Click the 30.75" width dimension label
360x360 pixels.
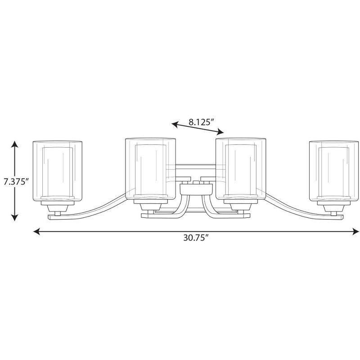(x=196, y=238)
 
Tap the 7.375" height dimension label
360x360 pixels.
(x=16, y=182)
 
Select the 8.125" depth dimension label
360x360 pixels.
(x=201, y=122)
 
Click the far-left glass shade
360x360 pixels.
(x=58, y=171)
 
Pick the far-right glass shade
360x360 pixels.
(x=334, y=171)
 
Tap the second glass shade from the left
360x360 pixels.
(x=151, y=169)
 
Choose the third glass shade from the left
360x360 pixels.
(x=241, y=169)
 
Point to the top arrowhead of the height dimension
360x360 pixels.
(x=15, y=144)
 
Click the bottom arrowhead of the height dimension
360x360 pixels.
(x=15, y=217)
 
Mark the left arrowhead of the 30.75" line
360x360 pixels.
(x=37, y=231)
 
